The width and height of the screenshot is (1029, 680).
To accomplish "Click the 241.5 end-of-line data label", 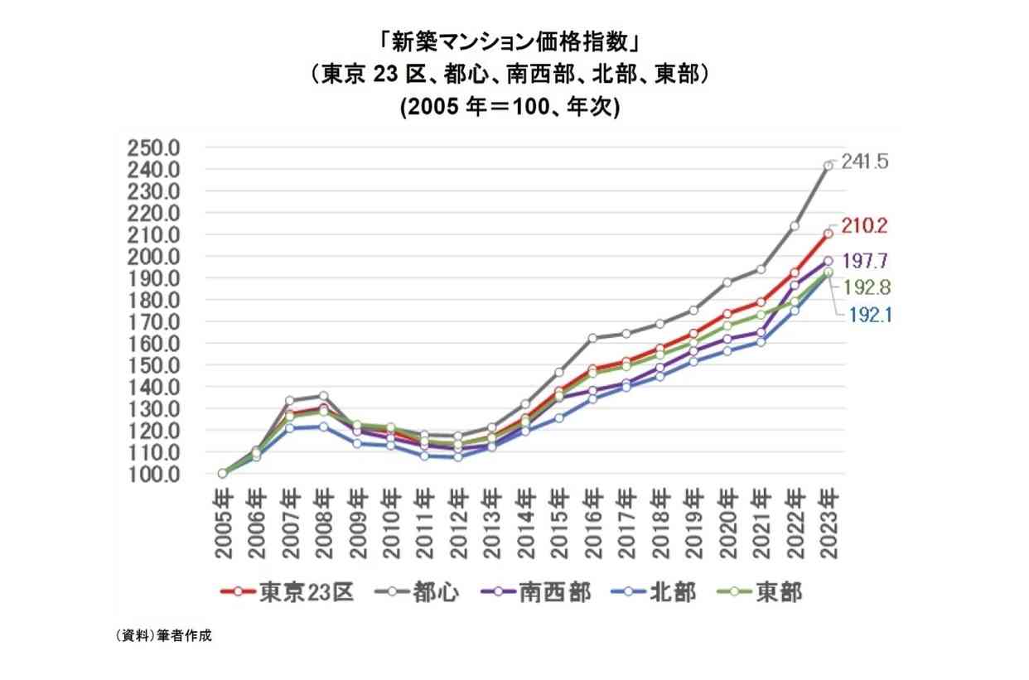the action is pyautogui.click(x=865, y=162).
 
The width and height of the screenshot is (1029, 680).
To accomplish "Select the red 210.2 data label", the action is pyautogui.click(x=864, y=226).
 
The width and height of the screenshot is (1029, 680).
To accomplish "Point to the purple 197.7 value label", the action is pyautogui.click(x=865, y=261).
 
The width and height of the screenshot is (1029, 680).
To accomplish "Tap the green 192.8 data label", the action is pyautogui.click(x=867, y=288).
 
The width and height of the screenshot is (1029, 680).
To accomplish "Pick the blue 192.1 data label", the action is pyautogui.click(x=870, y=316).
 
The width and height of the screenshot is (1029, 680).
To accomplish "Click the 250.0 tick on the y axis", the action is pyautogui.click(x=153, y=148).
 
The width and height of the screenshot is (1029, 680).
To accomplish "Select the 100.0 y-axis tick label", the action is pyautogui.click(x=153, y=475).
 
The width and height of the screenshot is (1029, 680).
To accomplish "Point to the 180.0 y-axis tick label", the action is pyautogui.click(x=153, y=301).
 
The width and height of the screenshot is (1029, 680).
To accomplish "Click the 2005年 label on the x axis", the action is pyautogui.click(x=224, y=524).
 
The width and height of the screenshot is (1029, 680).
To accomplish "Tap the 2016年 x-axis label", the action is pyautogui.click(x=594, y=524).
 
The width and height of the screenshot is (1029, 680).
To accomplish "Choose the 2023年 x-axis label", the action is pyautogui.click(x=829, y=524).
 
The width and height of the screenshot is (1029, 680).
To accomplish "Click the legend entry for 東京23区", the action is pyautogui.click(x=287, y=592).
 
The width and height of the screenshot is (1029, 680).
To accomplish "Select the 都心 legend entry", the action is pyautogui.click(x=417, y=592).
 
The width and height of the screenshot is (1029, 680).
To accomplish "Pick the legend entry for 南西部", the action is pyautogui.click(x=536, y=592).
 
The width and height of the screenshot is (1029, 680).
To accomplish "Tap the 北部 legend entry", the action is pyautogui.click(x=654, y=592).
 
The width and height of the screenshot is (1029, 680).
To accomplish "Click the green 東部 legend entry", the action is pyautogui.click(x=760, y=592).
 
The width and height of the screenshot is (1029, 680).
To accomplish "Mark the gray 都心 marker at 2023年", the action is pyautogui.click(x=829, y=166).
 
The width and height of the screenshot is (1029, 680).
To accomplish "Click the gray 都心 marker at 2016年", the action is pyautogui.click(x=592, y=339).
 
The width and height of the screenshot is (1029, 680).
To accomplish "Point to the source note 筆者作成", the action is pyautogui.click(x=184, y=635).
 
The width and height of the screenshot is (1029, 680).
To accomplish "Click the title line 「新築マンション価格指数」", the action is pyautogui.click(x=510, y=44).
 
